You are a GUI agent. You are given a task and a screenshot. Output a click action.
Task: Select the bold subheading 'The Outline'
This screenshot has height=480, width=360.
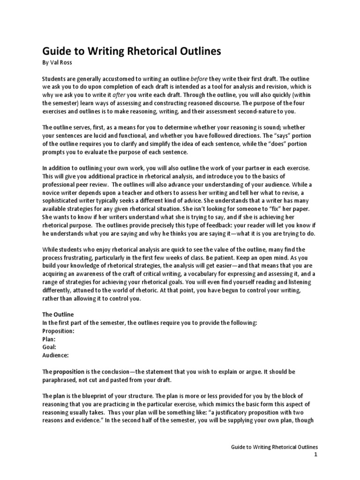(58, 315)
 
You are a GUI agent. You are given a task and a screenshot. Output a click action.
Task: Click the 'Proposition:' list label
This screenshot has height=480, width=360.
(58, 331)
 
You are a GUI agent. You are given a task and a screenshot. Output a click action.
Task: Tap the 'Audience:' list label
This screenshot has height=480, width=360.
(56, 355)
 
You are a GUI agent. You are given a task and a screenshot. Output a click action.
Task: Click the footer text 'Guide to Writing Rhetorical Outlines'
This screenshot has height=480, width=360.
(275, 448)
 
